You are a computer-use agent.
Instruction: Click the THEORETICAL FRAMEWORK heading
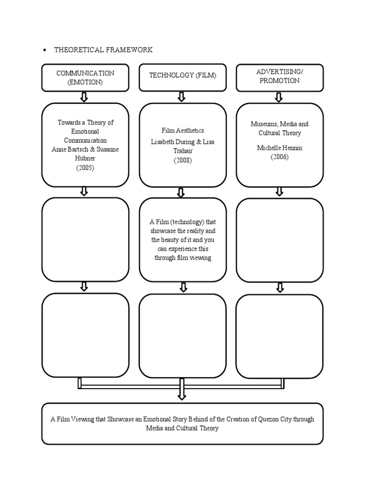tap(103, 50)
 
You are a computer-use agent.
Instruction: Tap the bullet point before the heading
tap(44, 50)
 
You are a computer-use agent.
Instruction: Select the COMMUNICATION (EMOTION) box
tap(85, 77)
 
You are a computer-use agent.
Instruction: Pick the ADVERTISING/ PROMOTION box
tap(280, 77)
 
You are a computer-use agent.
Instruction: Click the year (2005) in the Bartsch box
tap(85, 168)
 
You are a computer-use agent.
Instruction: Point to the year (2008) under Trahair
tap(183, 160)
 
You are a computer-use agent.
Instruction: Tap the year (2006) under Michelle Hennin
tap(280, 157)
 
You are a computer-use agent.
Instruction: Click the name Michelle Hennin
tap(280, 148)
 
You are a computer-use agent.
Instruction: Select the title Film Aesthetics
tap(183, 130)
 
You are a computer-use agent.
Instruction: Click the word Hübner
tap(85, 159)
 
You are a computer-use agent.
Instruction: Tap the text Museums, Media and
tap(280, 124)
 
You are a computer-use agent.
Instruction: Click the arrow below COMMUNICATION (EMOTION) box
tap(84, 97)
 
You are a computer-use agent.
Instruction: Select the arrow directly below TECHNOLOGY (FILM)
tap(181, 97)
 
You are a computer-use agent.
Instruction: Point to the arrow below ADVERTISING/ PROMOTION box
tap(279, 97)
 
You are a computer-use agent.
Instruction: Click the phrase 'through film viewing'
tap(183, 258)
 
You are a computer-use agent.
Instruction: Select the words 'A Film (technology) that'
tap(183, 221)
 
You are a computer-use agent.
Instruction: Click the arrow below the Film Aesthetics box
tap(181, 193)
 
